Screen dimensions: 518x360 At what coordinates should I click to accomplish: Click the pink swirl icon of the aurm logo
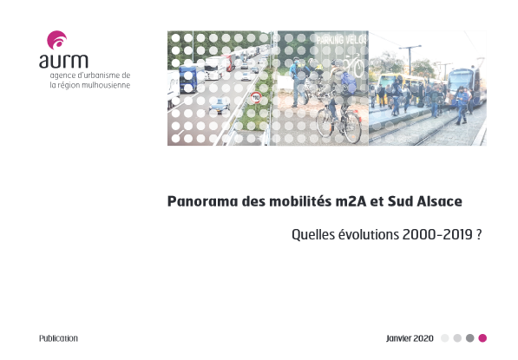point(56,40)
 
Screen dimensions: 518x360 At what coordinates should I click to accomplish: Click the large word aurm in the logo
point(63,61)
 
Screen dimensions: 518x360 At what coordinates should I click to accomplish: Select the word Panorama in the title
point(202,201)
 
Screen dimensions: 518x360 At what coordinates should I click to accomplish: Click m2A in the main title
point(351,201)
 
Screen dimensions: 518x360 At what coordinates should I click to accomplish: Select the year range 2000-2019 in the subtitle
point(437,235)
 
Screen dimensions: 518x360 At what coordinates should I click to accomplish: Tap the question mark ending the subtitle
point(479,235)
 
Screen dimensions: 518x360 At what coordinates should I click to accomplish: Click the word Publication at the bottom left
point(58,338)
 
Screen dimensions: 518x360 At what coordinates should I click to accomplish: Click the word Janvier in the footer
point(399,338)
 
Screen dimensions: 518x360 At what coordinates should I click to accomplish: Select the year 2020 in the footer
point(423,338)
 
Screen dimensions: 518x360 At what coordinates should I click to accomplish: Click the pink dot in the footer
point(482,338)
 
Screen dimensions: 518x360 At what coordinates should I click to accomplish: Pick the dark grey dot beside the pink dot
point(470,338)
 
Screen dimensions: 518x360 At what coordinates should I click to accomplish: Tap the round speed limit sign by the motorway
point(256,97)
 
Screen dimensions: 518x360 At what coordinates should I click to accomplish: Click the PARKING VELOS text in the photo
point(342,40)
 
